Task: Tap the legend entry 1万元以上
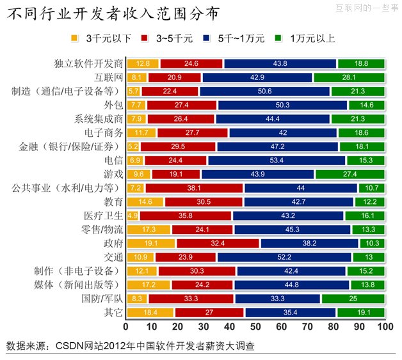click(312, 38)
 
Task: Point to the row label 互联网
click(108, 77)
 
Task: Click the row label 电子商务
click(103, 132)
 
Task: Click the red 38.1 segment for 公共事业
click(194, 188)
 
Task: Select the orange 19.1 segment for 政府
click(151, 243)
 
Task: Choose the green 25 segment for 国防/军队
click(353, 298)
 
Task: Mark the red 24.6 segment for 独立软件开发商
click(191, 63)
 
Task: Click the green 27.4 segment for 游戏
click(350, 174)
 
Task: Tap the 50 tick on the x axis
click(256, 327)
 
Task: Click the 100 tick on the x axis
click(384, 327)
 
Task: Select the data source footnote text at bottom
click(131, 347)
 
